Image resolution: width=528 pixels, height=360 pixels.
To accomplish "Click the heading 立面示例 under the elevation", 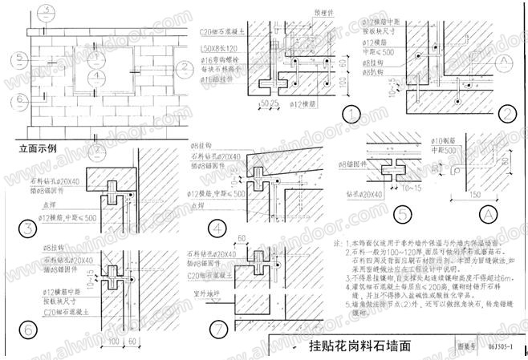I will point(37,148).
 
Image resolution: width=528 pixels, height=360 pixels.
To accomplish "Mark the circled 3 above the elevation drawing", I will point(48,9).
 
